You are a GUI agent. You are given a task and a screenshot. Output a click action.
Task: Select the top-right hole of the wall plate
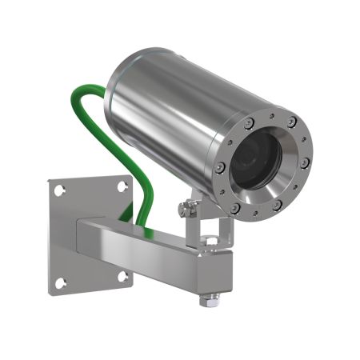[122, 186]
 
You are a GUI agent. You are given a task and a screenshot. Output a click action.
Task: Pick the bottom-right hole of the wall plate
[124, 277]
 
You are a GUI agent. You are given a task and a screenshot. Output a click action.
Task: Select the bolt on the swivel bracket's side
[186, 209]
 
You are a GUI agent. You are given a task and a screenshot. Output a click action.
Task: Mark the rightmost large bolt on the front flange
[305, 162]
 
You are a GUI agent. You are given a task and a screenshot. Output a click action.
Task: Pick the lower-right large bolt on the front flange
[276, 205]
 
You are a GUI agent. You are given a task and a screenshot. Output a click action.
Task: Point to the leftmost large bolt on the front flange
[219, 169]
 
